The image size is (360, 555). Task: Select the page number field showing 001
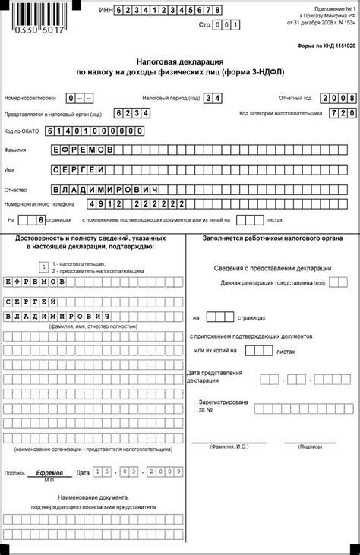[x=227, y=25]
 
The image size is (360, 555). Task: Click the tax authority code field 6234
[x=131, y=113]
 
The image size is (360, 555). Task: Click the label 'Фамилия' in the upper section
[x=16, y=150]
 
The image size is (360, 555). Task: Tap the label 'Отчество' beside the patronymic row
[x=16, y=188]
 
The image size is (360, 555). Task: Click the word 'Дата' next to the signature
[x=84, y=472]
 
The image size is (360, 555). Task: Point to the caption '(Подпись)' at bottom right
[x=310, y=447]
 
